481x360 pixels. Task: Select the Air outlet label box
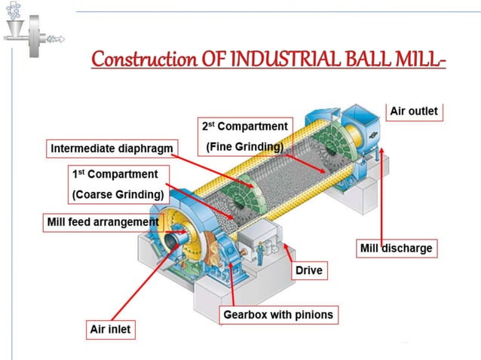[412, 111]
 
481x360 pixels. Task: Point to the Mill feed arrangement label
[103, 222]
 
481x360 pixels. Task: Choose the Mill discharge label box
[395, 248]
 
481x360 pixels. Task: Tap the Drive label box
[309, 270]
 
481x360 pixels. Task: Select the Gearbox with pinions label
[277, 314]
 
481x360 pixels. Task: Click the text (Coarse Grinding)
[118, 195]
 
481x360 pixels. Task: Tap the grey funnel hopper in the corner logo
[14, 29]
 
